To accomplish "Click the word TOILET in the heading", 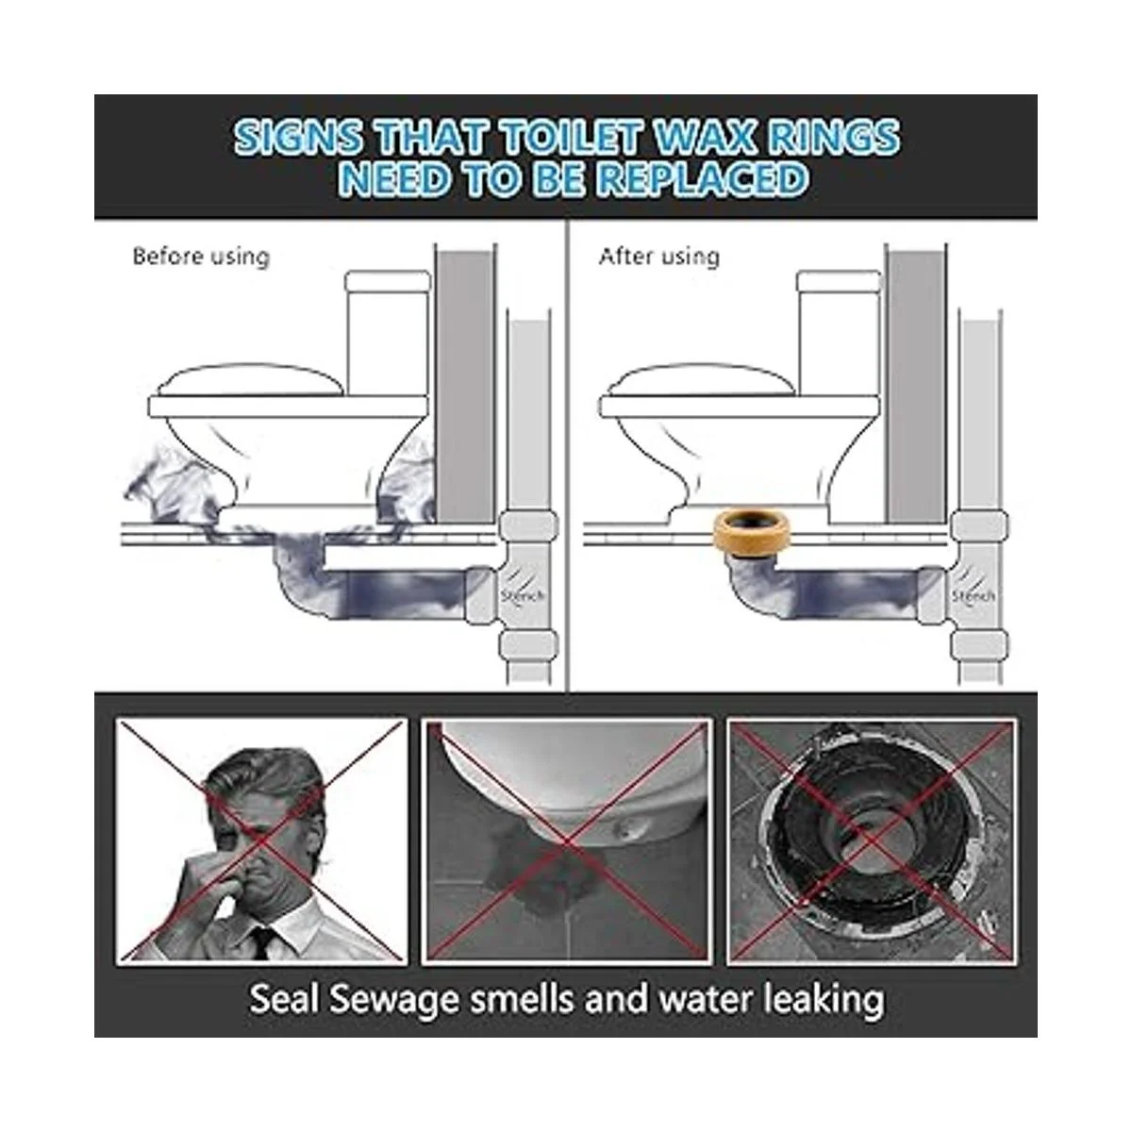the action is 572,138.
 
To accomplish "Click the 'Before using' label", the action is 201,257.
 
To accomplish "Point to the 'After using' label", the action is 659,257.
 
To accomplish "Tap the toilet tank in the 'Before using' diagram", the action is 388,332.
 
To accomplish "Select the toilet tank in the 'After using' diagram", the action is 839,332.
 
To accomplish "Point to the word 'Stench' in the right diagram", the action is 974,595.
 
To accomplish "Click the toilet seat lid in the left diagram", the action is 250,380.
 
